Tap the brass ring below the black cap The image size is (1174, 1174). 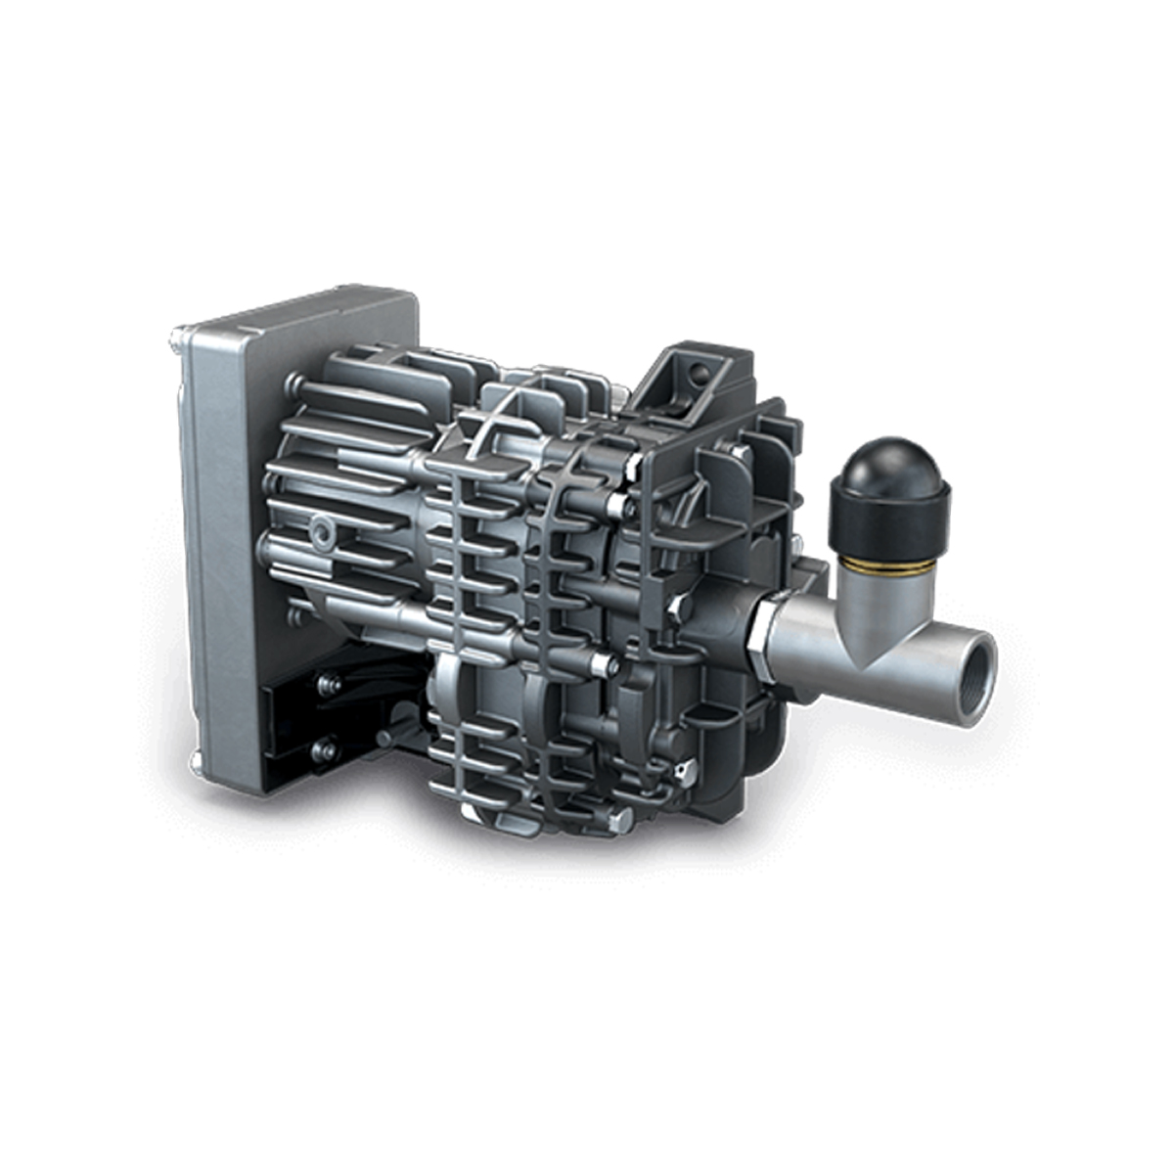pyautogui.click(x=890, y=566)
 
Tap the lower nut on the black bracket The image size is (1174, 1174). pyautogui.click(x=323, y=750)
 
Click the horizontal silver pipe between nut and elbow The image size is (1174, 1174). pyautogui.click(x=802, y=641)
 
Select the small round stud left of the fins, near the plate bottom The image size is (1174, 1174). pyautogui.click(x=294, y=617)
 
